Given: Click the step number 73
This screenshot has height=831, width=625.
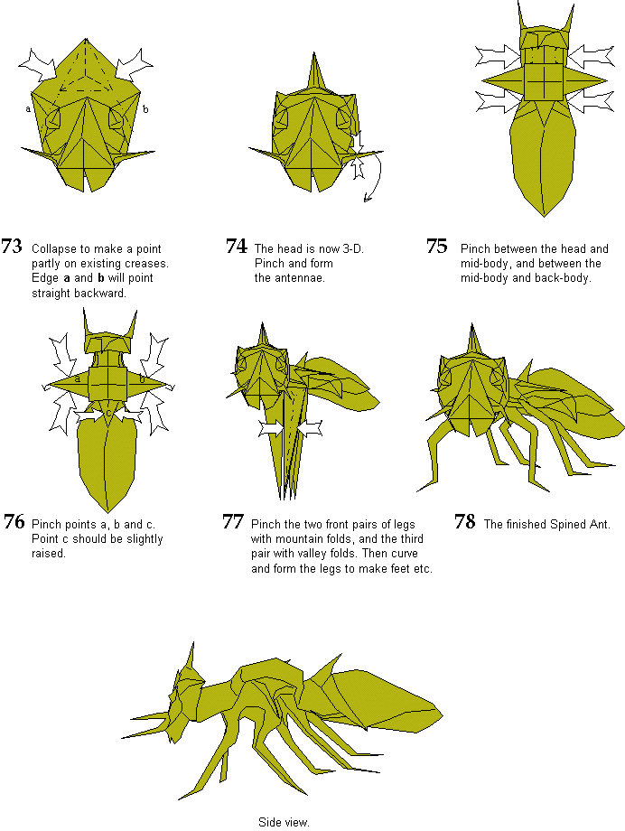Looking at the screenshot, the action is (x=12, y=247).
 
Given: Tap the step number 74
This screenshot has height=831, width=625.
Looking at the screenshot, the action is (x=237, y=247).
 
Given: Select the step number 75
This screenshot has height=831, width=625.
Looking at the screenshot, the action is (x=437, y=247).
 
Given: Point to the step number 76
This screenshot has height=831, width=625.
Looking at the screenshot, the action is (x=14, y=522).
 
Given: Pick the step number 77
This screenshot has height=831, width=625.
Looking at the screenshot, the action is (x=233, y=522).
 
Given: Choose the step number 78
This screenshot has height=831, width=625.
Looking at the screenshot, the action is (x=465, y=522).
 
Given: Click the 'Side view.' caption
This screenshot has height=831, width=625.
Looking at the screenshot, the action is (x=284, y=822).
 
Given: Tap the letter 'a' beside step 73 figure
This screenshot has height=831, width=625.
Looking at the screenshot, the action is (x=28, y=109).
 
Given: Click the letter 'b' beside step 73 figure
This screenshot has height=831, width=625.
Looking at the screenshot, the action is (x=145, y=109).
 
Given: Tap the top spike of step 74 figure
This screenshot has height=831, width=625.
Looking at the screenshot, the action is (x=315, y=53).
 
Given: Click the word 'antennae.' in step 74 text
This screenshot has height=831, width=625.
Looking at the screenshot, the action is (x=289, y=277).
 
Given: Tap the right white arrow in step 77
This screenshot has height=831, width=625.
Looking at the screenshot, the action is (x=310, y=428).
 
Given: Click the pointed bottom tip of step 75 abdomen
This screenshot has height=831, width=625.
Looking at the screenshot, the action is (x=544, y=216).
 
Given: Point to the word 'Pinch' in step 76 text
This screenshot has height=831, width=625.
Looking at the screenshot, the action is (x=47, y=525).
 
